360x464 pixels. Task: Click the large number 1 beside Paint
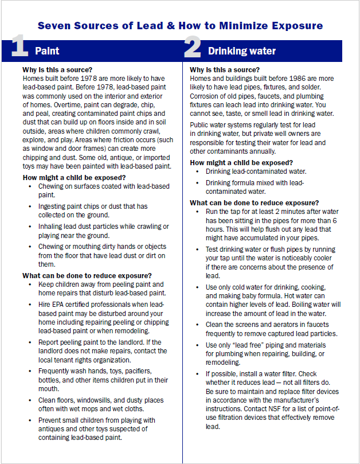tap(20, 49)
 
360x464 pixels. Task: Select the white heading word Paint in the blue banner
tap(47, 51)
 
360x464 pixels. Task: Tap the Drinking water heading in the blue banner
tap(241, 51)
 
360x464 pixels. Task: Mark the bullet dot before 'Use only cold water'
tap(198, 287)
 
